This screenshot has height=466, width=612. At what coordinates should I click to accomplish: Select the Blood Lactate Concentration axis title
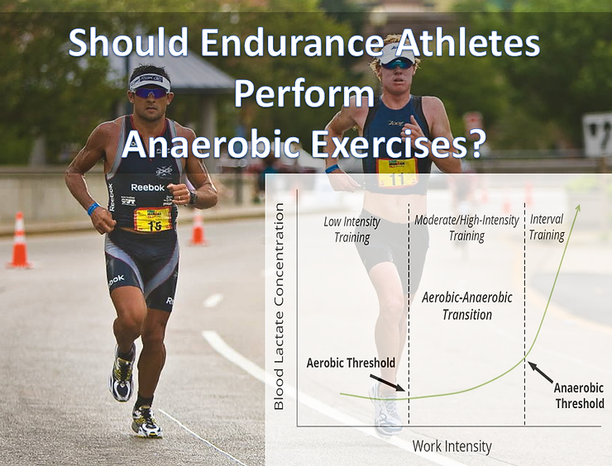click(279, 307)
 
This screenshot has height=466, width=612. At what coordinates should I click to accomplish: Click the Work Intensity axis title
click(452, 447)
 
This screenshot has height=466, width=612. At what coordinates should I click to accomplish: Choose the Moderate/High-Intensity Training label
click(466, 228)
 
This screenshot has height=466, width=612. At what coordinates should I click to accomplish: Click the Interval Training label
click(547, 228)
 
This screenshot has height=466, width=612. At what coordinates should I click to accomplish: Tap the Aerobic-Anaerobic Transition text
click(467, 305)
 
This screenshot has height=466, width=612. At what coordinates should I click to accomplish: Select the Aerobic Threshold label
click(351, 363)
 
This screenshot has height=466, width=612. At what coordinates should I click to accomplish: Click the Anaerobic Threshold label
click(579, 395)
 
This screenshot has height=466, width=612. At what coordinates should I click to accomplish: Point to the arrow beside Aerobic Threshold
click(388, 383)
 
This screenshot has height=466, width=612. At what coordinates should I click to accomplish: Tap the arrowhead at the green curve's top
click(577, 209)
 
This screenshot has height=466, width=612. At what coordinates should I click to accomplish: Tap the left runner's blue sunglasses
click(151, 93)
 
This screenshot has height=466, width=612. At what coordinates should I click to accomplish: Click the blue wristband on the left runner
click(93, 209)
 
